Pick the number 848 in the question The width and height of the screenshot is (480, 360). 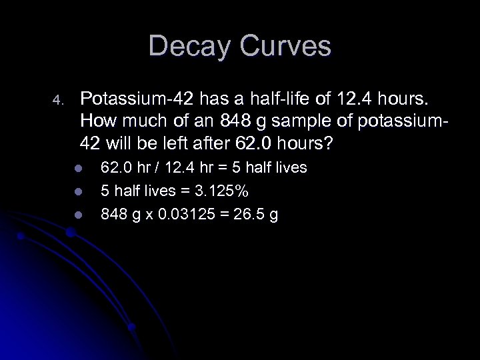(x=239, y=122)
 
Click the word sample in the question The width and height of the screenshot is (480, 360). (x=300, y=122)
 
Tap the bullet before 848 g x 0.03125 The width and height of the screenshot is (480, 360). (x=77, y=215)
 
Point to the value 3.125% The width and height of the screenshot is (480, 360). (x=222, y=191)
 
